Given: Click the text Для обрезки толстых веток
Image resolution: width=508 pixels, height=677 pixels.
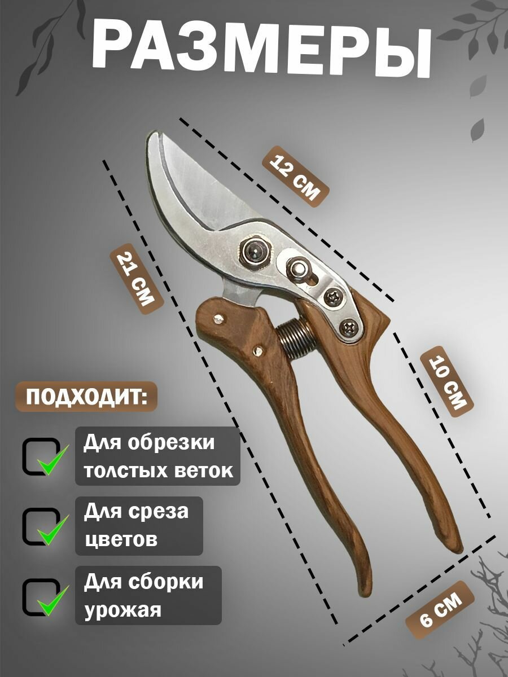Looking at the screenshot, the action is [x=157, y=456].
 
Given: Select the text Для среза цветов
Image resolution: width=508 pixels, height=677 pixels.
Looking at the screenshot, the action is [x=139, y=526].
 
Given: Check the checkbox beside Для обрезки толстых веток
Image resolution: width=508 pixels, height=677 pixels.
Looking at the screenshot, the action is [x=42, y=456].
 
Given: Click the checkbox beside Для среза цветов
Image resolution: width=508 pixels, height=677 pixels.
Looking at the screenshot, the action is [x=42, y=526].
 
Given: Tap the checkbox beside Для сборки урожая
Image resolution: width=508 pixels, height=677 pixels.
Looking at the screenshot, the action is [x=42, y=597].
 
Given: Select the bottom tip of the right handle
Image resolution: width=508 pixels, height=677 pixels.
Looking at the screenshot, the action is [x=458, y=547].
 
